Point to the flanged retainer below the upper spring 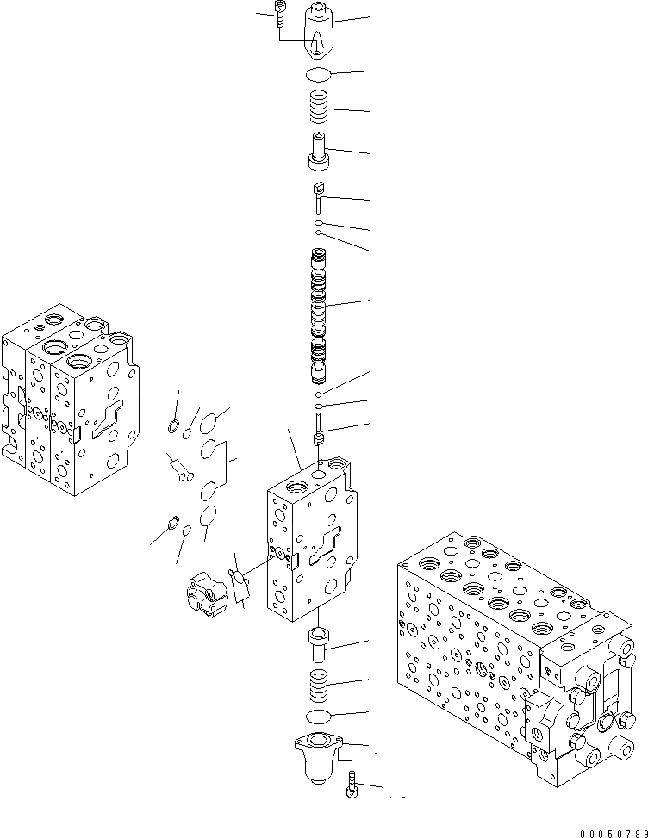[x=321, y=153]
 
